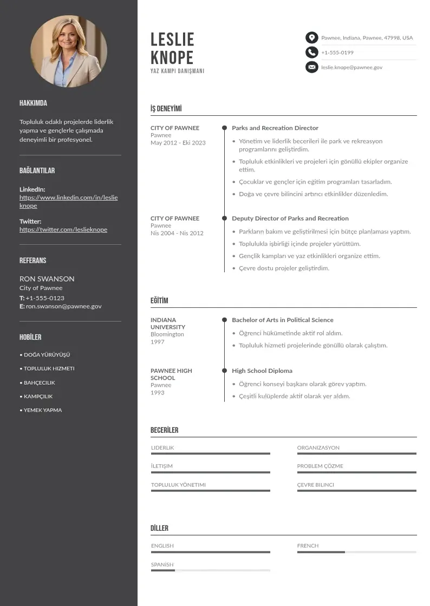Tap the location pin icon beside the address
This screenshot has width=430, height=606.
click(311, 38)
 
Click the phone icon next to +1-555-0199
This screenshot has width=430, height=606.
click(311, 52)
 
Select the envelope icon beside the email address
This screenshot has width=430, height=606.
click(311, 67)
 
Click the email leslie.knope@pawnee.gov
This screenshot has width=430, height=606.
click(351, 68)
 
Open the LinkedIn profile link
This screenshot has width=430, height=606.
click(68, 201)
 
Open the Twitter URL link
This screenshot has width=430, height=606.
click(63, 229)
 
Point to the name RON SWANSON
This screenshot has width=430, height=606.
click(47, 279)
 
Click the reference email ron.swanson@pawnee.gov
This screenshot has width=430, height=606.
click(63, 306)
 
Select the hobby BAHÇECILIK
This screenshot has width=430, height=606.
click(39, 383)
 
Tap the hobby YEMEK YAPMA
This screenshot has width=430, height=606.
click(42, 410)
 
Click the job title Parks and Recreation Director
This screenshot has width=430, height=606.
click(275, 128)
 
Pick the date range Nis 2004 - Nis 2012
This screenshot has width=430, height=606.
click(177, 233)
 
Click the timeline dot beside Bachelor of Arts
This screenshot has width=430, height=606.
click(224, 320)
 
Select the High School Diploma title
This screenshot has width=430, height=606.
click(262, 371)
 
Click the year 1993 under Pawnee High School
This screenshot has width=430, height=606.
click(157, 393)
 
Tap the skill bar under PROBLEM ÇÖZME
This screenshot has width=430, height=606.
click(356, 472)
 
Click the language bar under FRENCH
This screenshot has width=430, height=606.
click(356, 552)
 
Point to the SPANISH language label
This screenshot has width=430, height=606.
click(162, 564)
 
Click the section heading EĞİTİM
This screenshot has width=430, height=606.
click(159, 301)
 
